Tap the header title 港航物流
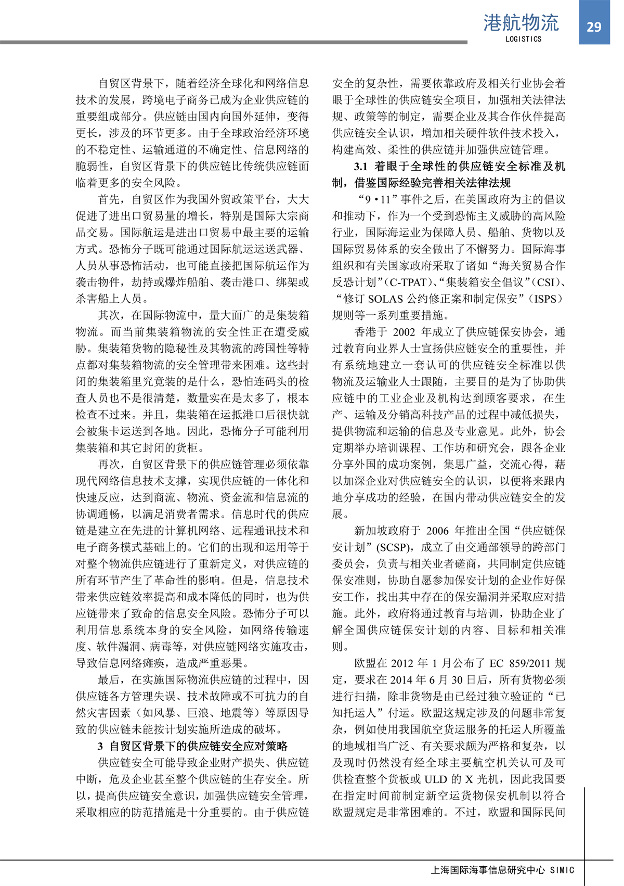521,23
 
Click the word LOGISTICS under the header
523,39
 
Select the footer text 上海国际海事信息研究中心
488,869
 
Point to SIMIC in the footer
562,869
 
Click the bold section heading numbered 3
192,746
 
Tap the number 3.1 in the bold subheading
361,166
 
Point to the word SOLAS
385,299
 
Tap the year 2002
404,332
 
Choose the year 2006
437,531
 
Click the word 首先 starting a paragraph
109,200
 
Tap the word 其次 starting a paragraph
109,315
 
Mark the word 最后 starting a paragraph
109,680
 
